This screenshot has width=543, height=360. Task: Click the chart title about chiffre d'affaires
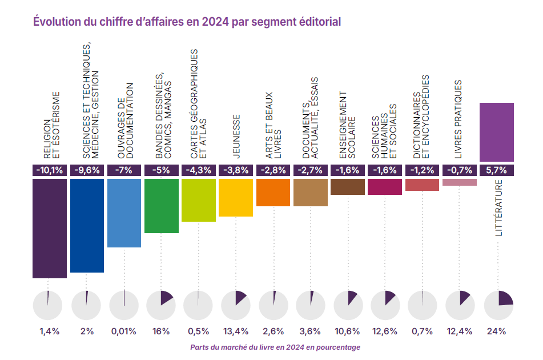pos(187,22)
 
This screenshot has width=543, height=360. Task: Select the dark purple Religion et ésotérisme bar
pos(50,228)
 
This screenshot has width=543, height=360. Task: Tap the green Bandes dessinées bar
pos(162,206)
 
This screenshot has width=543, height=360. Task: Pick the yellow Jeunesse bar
pos(236,197)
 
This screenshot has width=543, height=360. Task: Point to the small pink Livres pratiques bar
pos(460,182)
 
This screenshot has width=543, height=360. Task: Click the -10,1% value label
pos(50,170)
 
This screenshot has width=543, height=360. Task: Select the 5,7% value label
pos(497,170)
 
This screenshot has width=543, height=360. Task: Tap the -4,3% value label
pos(198,170)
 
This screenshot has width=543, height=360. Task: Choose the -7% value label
pos(124,170)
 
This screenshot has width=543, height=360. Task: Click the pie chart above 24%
pos(498,305)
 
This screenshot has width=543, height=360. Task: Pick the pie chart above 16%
pos(162,305)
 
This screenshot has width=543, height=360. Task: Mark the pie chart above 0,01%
pos(124,305)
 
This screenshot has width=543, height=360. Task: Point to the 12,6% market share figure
pos(385,331)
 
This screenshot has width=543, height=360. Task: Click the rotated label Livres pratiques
pos(458,118)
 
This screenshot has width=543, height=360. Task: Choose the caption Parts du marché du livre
pos(275,347)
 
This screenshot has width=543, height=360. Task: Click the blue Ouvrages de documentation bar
pos(124,213)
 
